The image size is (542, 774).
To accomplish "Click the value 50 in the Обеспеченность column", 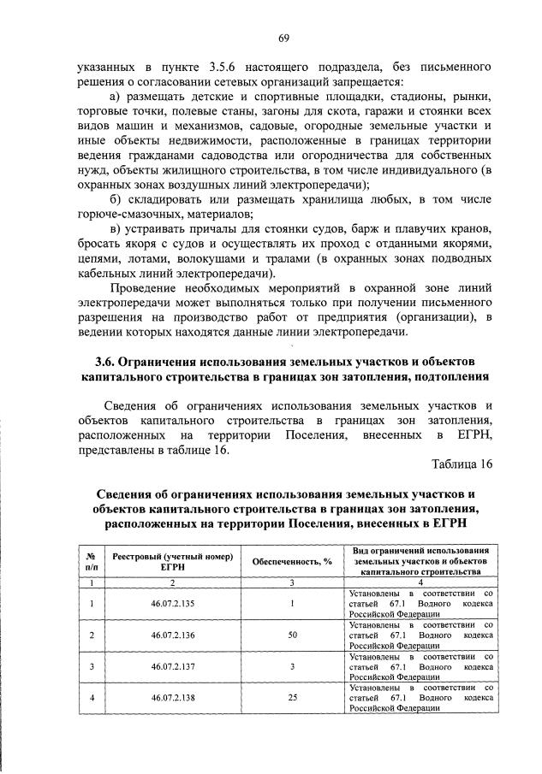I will [x=292, y=635].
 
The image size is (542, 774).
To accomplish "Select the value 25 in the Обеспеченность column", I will [x=292, y=697].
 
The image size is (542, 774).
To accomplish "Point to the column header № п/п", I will [x=91, y=561].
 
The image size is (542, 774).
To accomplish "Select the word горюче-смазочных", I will [x=117, y=215].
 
